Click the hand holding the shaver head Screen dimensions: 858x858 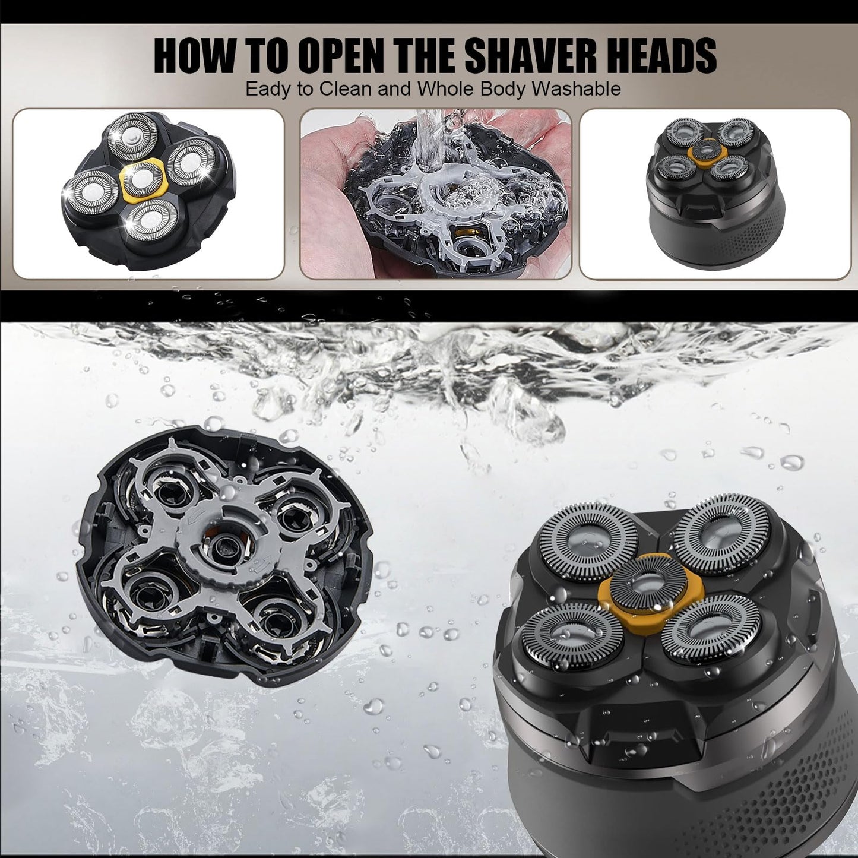pyautogui.click(x=333, y=143)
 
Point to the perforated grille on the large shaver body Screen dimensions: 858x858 pyautogui.click(x=796, y=790)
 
